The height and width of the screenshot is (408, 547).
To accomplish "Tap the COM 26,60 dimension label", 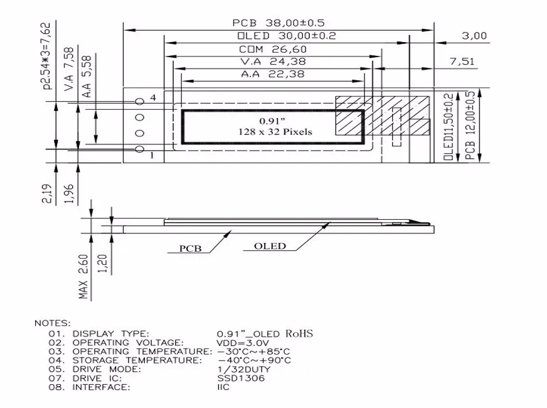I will (x=273, y=50).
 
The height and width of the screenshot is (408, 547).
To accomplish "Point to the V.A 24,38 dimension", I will (x=273, y=62).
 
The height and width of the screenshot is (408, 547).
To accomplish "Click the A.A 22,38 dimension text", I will (x=273, y=74).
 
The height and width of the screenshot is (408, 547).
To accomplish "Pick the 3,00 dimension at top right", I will (x=474, y=36).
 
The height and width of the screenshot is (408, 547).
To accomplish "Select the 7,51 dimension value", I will (x=462, y=62).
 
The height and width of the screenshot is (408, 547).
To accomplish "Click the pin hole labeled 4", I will (x=140, y=101).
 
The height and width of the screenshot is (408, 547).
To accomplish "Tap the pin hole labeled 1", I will (x=140, y=149).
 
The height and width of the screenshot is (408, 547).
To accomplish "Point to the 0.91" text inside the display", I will (x=272, y=120).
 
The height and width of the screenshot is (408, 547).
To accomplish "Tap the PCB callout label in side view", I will (x=190, y=248).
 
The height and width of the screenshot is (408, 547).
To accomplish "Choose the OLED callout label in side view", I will (x=270, y=246).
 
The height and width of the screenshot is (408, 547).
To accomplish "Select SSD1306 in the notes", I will (x=241, y=378).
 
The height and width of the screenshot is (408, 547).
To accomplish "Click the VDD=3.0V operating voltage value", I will (x=243, y=343).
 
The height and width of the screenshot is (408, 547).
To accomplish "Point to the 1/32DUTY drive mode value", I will (x=244, y=369).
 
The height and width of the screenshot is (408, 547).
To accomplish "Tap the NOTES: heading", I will (x=53, y=323).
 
